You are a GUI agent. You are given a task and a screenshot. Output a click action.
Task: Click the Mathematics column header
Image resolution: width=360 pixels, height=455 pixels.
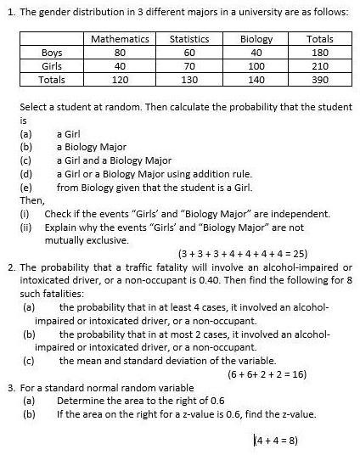[120, 39]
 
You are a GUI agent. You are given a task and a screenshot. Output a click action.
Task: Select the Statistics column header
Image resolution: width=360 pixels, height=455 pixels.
[189, 39]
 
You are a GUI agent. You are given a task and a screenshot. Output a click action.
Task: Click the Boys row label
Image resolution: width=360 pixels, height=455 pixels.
[52, 53]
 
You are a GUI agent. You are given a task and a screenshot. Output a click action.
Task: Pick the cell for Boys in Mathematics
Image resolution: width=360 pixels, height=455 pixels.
[120, 53]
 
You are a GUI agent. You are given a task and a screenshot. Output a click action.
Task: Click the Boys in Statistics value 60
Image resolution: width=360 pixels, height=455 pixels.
[189, 53]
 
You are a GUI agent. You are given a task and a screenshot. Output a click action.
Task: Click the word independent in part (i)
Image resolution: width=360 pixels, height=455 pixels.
[301, 214]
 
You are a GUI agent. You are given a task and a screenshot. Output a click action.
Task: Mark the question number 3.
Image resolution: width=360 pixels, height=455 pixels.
[11, 388]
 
